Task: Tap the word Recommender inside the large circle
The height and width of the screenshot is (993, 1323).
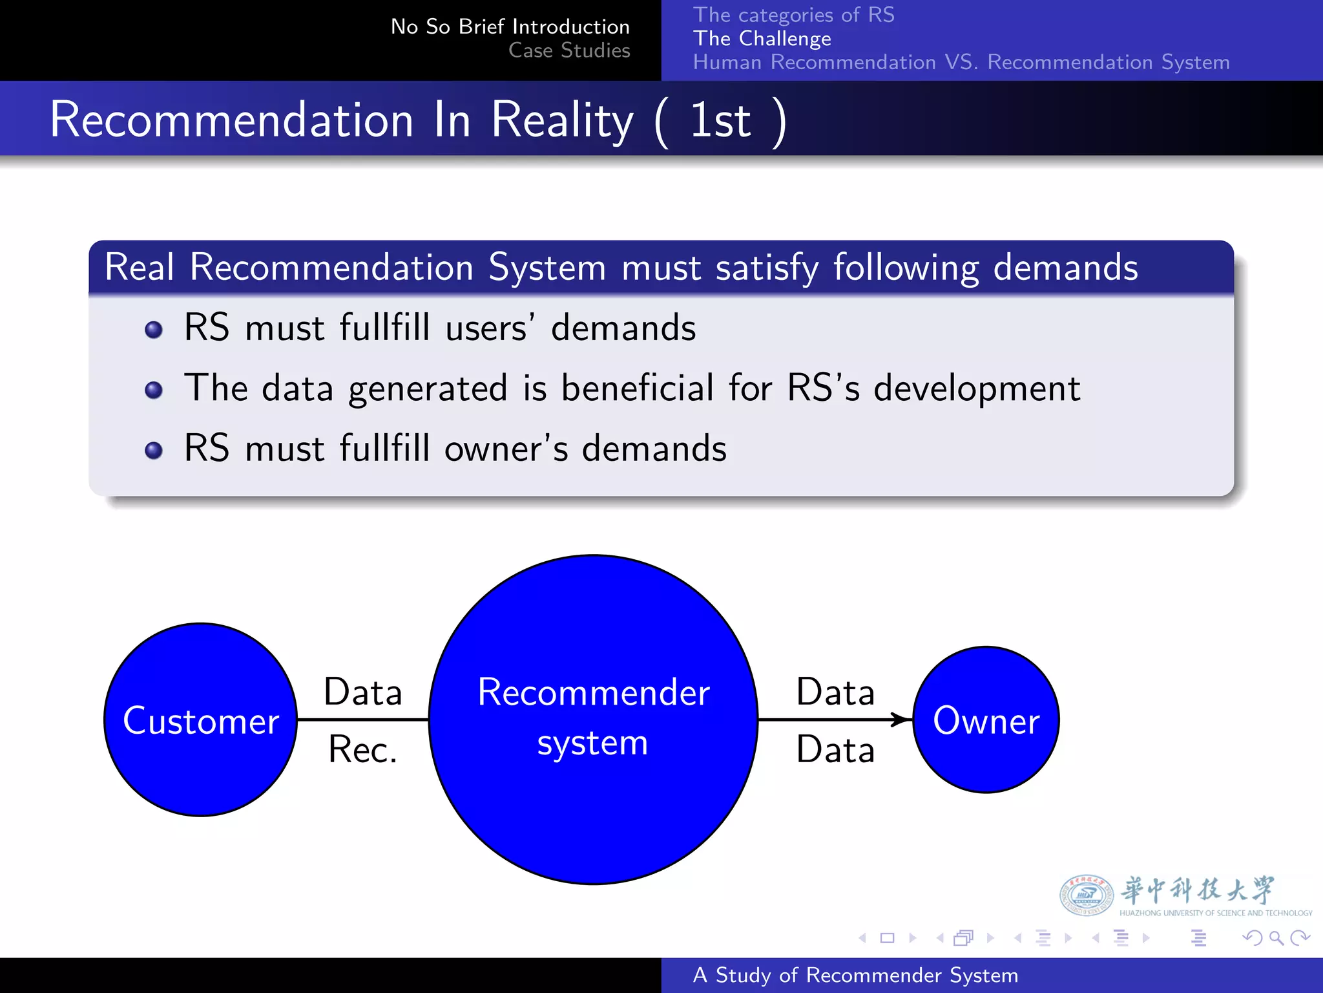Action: click(x=594, y=692)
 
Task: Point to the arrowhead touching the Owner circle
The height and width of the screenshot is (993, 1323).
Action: click(x=902, y=720)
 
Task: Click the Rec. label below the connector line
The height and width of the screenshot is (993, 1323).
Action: click(x=362, y=750)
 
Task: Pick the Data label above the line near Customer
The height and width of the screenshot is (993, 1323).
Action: click(x=363, y=692)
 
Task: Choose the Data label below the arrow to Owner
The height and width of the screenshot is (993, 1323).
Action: click(x=835, y=750)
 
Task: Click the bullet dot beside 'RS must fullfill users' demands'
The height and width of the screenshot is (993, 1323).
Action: click(x=154, y=330)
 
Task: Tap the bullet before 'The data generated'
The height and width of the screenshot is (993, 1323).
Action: click(x=154, y=390)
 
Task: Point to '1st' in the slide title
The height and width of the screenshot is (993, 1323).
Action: click(x=720, y=120)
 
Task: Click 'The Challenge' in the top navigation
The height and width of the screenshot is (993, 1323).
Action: click(x=762, y=39)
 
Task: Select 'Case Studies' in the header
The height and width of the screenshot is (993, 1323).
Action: click(x=569, y=50)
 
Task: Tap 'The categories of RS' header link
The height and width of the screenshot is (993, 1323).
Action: click(x=794, y=15)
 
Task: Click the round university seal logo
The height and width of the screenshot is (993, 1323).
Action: click(x=1086, y=895)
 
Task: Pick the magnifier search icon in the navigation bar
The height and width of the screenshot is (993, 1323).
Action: click(x=1276, y=937)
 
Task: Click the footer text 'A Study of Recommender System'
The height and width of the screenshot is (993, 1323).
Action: click(x=855, y=975)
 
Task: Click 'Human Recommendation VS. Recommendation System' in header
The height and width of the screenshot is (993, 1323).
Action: click(x=961, y=63)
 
